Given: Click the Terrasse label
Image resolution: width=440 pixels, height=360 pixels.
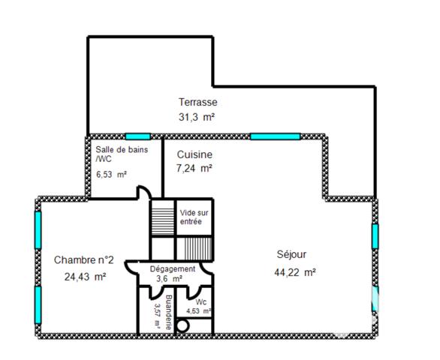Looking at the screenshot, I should point(197,102).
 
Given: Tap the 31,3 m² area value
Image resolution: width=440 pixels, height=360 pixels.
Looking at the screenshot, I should point(197,117).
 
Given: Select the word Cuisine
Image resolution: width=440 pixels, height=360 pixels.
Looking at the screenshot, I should point(194,154).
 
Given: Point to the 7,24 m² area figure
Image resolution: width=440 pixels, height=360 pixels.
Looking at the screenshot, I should point(194,168).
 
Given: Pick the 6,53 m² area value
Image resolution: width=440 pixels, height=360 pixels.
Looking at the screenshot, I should point(111,175).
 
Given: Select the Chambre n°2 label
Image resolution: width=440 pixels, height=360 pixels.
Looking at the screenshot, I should point(83,260).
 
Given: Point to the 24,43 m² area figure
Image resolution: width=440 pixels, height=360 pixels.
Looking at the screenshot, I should point(85,276).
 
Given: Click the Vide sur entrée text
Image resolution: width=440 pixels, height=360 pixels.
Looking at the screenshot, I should point(194,217).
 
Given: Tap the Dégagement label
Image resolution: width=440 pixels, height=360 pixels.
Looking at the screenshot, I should point(173,268).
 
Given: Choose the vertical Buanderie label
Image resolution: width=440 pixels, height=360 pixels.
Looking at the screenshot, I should point(169,311).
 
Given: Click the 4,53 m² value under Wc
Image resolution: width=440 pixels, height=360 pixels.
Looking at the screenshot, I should point(199,311).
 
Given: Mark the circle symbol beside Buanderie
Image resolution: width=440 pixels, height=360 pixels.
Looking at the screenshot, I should point(182,325).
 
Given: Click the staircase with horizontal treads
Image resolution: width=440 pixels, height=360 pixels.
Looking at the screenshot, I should point(161,218).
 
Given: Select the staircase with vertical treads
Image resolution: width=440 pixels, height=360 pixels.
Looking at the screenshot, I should point(195,247).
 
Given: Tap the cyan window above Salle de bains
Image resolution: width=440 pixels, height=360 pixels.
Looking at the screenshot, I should point(137,136).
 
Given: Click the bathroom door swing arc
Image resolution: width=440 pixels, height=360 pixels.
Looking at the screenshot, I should point(141,194).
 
